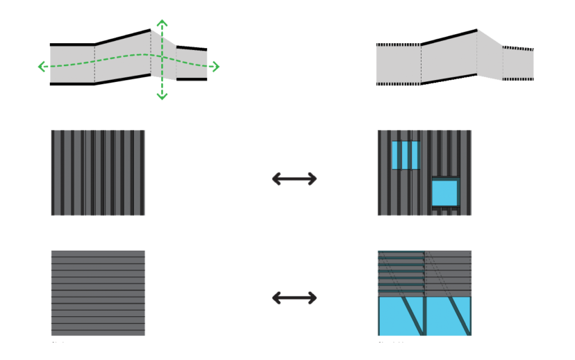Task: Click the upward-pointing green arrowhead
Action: (x=162, y=23)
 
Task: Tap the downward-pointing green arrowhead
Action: (x=162, y=96)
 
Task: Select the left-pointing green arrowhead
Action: (x=42, y=67)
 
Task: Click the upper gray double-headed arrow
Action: (x=294, y=179)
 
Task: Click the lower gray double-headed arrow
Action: (x=294, y=297)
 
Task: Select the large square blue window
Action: (x=444, y=193)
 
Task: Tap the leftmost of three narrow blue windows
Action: (x=396, y=155)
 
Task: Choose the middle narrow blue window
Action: (x=406, y=155)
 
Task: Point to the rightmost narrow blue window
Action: (x=415, y=155)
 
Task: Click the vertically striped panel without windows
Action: (x=98, y=172)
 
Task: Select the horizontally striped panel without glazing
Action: (x=98, y=293)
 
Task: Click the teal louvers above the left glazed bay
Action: (x=401, y=273)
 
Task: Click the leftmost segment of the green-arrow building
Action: (x=72, y=64)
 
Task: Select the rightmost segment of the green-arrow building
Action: (x=192, y=63)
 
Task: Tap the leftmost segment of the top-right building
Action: (x=398, y=65)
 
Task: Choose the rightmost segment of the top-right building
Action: (x=518, y=64)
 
